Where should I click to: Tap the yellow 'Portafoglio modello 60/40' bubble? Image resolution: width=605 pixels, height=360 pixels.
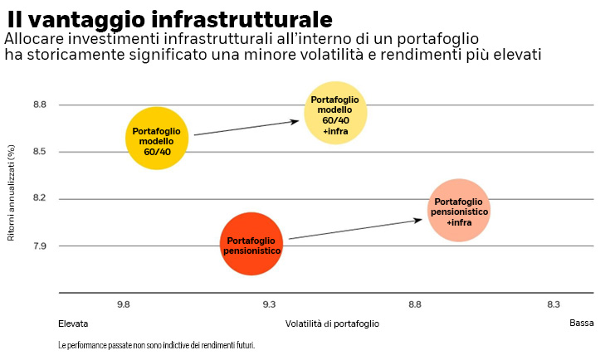pyautogui.click(x=157, y=139)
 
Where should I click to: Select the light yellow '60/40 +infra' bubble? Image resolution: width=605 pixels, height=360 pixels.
pyautogui.click(x=335, y=113)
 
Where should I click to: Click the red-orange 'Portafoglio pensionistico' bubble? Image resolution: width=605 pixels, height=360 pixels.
pyautogui.click(x=252, y=243)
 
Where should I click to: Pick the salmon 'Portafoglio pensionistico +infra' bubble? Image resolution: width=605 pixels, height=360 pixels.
pyautogui.click(x=459, y=211)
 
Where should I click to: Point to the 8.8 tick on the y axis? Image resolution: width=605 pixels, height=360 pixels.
pyautogui.click(x=39, y=105)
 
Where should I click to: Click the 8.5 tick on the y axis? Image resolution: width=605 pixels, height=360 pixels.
pyautogui.click(x=39, y=152)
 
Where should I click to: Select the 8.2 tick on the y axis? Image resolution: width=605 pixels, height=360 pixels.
pyautogui.click(x=39, y=199)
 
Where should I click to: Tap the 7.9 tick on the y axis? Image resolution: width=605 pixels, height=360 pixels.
pyautogui.click(x=39, y=246)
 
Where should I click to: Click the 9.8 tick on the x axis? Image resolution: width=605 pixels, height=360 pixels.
pyautogui.click(x=124, y=305)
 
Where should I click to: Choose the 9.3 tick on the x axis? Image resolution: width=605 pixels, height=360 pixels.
pyautogui.click(x=269, y=305)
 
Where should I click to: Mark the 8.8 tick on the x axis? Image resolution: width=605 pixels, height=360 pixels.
pyautogui.click(x=414, y=305)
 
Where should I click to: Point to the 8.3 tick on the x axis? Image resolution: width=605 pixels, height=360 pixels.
pyautogui.click(x=554, y=305)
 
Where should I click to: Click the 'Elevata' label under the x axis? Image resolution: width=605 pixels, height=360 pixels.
pyautogui.click(x=73, y=324)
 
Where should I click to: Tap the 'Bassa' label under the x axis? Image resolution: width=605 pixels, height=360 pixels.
pyautogui.click(x=581, y=324)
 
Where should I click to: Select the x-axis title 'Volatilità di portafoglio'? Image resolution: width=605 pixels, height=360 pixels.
pyautogui.click(x=332, y=324)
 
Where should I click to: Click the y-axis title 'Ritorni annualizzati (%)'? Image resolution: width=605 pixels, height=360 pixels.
pyautogui.click(x=11, y=192)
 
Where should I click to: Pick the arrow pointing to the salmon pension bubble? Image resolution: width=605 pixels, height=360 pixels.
pyautogui.click(x=355, y=229)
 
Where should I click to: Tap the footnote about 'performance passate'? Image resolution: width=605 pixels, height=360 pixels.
pyautogui.click(x=156, y=344)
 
